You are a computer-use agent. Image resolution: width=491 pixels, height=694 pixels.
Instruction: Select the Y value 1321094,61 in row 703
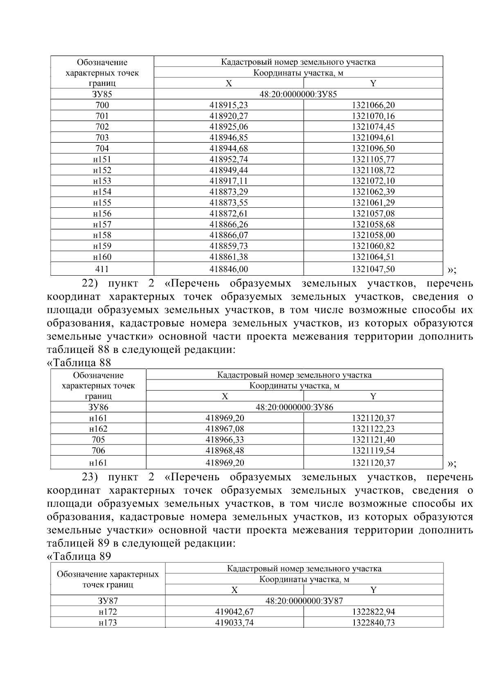coord(373,137)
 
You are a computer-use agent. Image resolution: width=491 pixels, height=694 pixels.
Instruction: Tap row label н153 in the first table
coord(102,181)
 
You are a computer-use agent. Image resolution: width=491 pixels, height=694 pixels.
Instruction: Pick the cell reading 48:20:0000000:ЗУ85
coord(298,94)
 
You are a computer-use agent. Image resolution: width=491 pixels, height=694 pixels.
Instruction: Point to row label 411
coord(102,269)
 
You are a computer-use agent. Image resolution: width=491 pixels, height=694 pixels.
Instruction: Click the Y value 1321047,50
coord(373,269)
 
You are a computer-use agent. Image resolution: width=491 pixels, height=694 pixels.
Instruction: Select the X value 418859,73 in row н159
coord(228,246)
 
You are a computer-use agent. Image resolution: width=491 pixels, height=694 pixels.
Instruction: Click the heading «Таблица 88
coord(79,363)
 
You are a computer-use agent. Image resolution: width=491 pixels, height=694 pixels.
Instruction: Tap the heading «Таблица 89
coord(79,556)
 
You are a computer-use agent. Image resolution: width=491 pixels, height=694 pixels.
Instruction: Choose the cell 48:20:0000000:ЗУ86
coord(294,407)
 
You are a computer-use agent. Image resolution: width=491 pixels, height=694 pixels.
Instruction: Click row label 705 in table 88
coord(98,440)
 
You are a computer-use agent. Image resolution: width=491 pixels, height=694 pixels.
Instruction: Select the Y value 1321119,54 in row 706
coord(373,450)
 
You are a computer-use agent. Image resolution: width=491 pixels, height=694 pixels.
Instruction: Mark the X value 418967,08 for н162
coord(225,429)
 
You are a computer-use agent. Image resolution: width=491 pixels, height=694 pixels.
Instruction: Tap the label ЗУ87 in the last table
coord(108,601)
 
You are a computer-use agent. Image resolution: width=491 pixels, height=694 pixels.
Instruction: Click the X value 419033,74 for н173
coord(234,622)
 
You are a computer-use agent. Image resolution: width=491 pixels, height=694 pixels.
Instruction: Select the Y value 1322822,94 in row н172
coord(373,612)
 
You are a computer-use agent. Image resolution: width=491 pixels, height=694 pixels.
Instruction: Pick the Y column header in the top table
coord(373,83)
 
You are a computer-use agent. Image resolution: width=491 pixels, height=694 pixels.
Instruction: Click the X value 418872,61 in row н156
coord(228,213)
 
